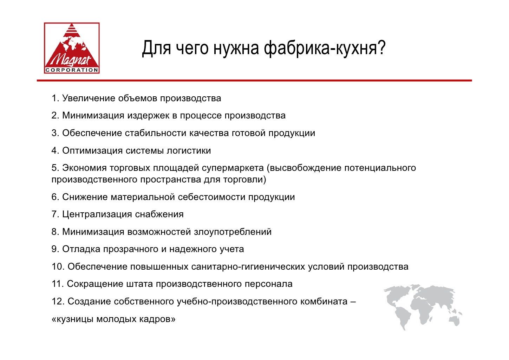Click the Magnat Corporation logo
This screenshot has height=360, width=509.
coord(72,48)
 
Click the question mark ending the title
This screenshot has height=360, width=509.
coord(381,48)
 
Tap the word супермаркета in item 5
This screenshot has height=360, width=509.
coord(233,168)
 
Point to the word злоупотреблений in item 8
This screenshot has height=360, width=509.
coord(233,232)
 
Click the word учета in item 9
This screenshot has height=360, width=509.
coord(232,249)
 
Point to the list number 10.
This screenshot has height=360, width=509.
coord(58,267)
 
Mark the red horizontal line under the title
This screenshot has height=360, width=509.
coord(254,81)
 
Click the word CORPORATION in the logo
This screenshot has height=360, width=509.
coord(72,70)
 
